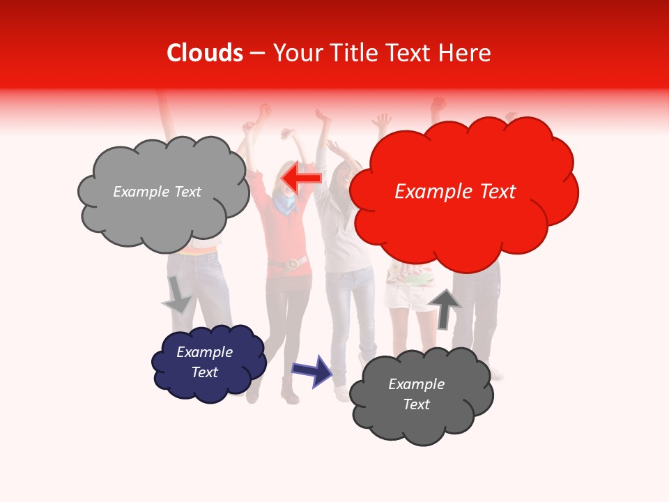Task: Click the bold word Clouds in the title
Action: [205, 53]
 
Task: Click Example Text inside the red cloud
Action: [455, 192]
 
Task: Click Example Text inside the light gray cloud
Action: [157, 192]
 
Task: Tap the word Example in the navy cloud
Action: [204, 352]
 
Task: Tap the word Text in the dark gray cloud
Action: [416, 404]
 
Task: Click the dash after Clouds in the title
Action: [257, 54]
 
